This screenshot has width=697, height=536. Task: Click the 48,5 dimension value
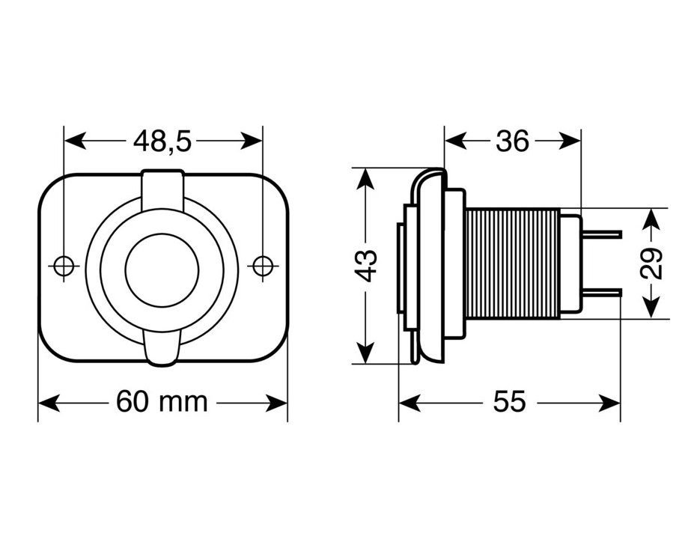[162, 141]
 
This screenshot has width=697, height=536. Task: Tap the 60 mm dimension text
[162, 402]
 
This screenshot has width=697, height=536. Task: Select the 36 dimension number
[512, 141]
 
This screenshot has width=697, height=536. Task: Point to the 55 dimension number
[509, 402]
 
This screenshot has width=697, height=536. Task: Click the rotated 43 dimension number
[367, 266]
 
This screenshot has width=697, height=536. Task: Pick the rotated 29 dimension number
[651, 263]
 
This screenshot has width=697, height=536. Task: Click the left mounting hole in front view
[64, 267]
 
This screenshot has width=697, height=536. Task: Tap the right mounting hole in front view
[263, 267]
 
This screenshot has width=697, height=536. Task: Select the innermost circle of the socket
[162, 234]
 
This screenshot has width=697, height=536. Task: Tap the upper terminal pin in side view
[601, 234]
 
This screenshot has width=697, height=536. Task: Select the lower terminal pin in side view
[600, 293]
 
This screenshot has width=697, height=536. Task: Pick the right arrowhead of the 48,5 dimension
[250, 141]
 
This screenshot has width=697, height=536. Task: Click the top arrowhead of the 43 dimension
[365, 180]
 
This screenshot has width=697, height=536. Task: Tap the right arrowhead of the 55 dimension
[609, 403]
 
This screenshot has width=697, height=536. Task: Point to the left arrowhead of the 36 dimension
[456, 141]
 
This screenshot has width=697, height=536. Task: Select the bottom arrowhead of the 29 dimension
[651, 308]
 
